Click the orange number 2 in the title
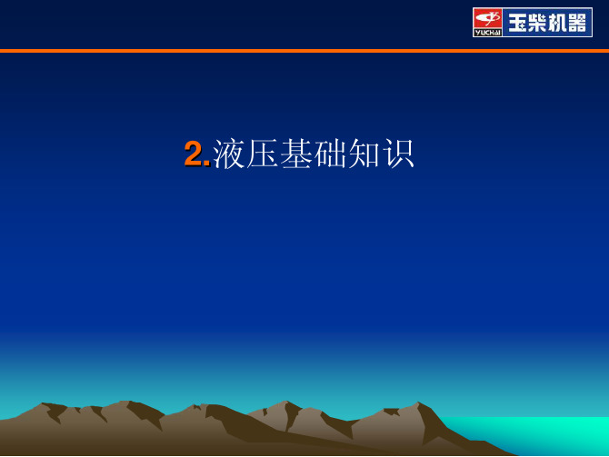pyautogui.click(x=193, y=154)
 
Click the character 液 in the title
pyautogui.click(x=229, y=154)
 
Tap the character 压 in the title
pyautogui.click(x=262, y=154)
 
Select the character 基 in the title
pyautogui.click(x=296, y=154)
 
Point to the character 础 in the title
pyautogui.click(x=330, y=154)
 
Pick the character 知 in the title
pyautogui.click(x=364, y=154)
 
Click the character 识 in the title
pyautogui.click(x=398, y=154)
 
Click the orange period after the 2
pyautogui.click(x=206, y=164)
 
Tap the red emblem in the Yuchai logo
pyautogui.click(x=487, y=18)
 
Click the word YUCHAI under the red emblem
pyautogui.click(x=487, y=33)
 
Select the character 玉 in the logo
pyautogui.click(x=517, y=23)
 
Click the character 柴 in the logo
pyautogui.click(x=537, y=23)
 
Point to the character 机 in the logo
pyautogui.click(x=556, y=23)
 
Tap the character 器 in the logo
pyautogui.click(x=576, y=23)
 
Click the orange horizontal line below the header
pyautogui.click(x=304, y=51)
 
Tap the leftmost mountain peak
pyautogui.click(x=43, y=403)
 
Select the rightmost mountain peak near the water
pyautogui.click(x=418, y=402)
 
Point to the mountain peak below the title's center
pyautogui.click(x=285, y=402)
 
